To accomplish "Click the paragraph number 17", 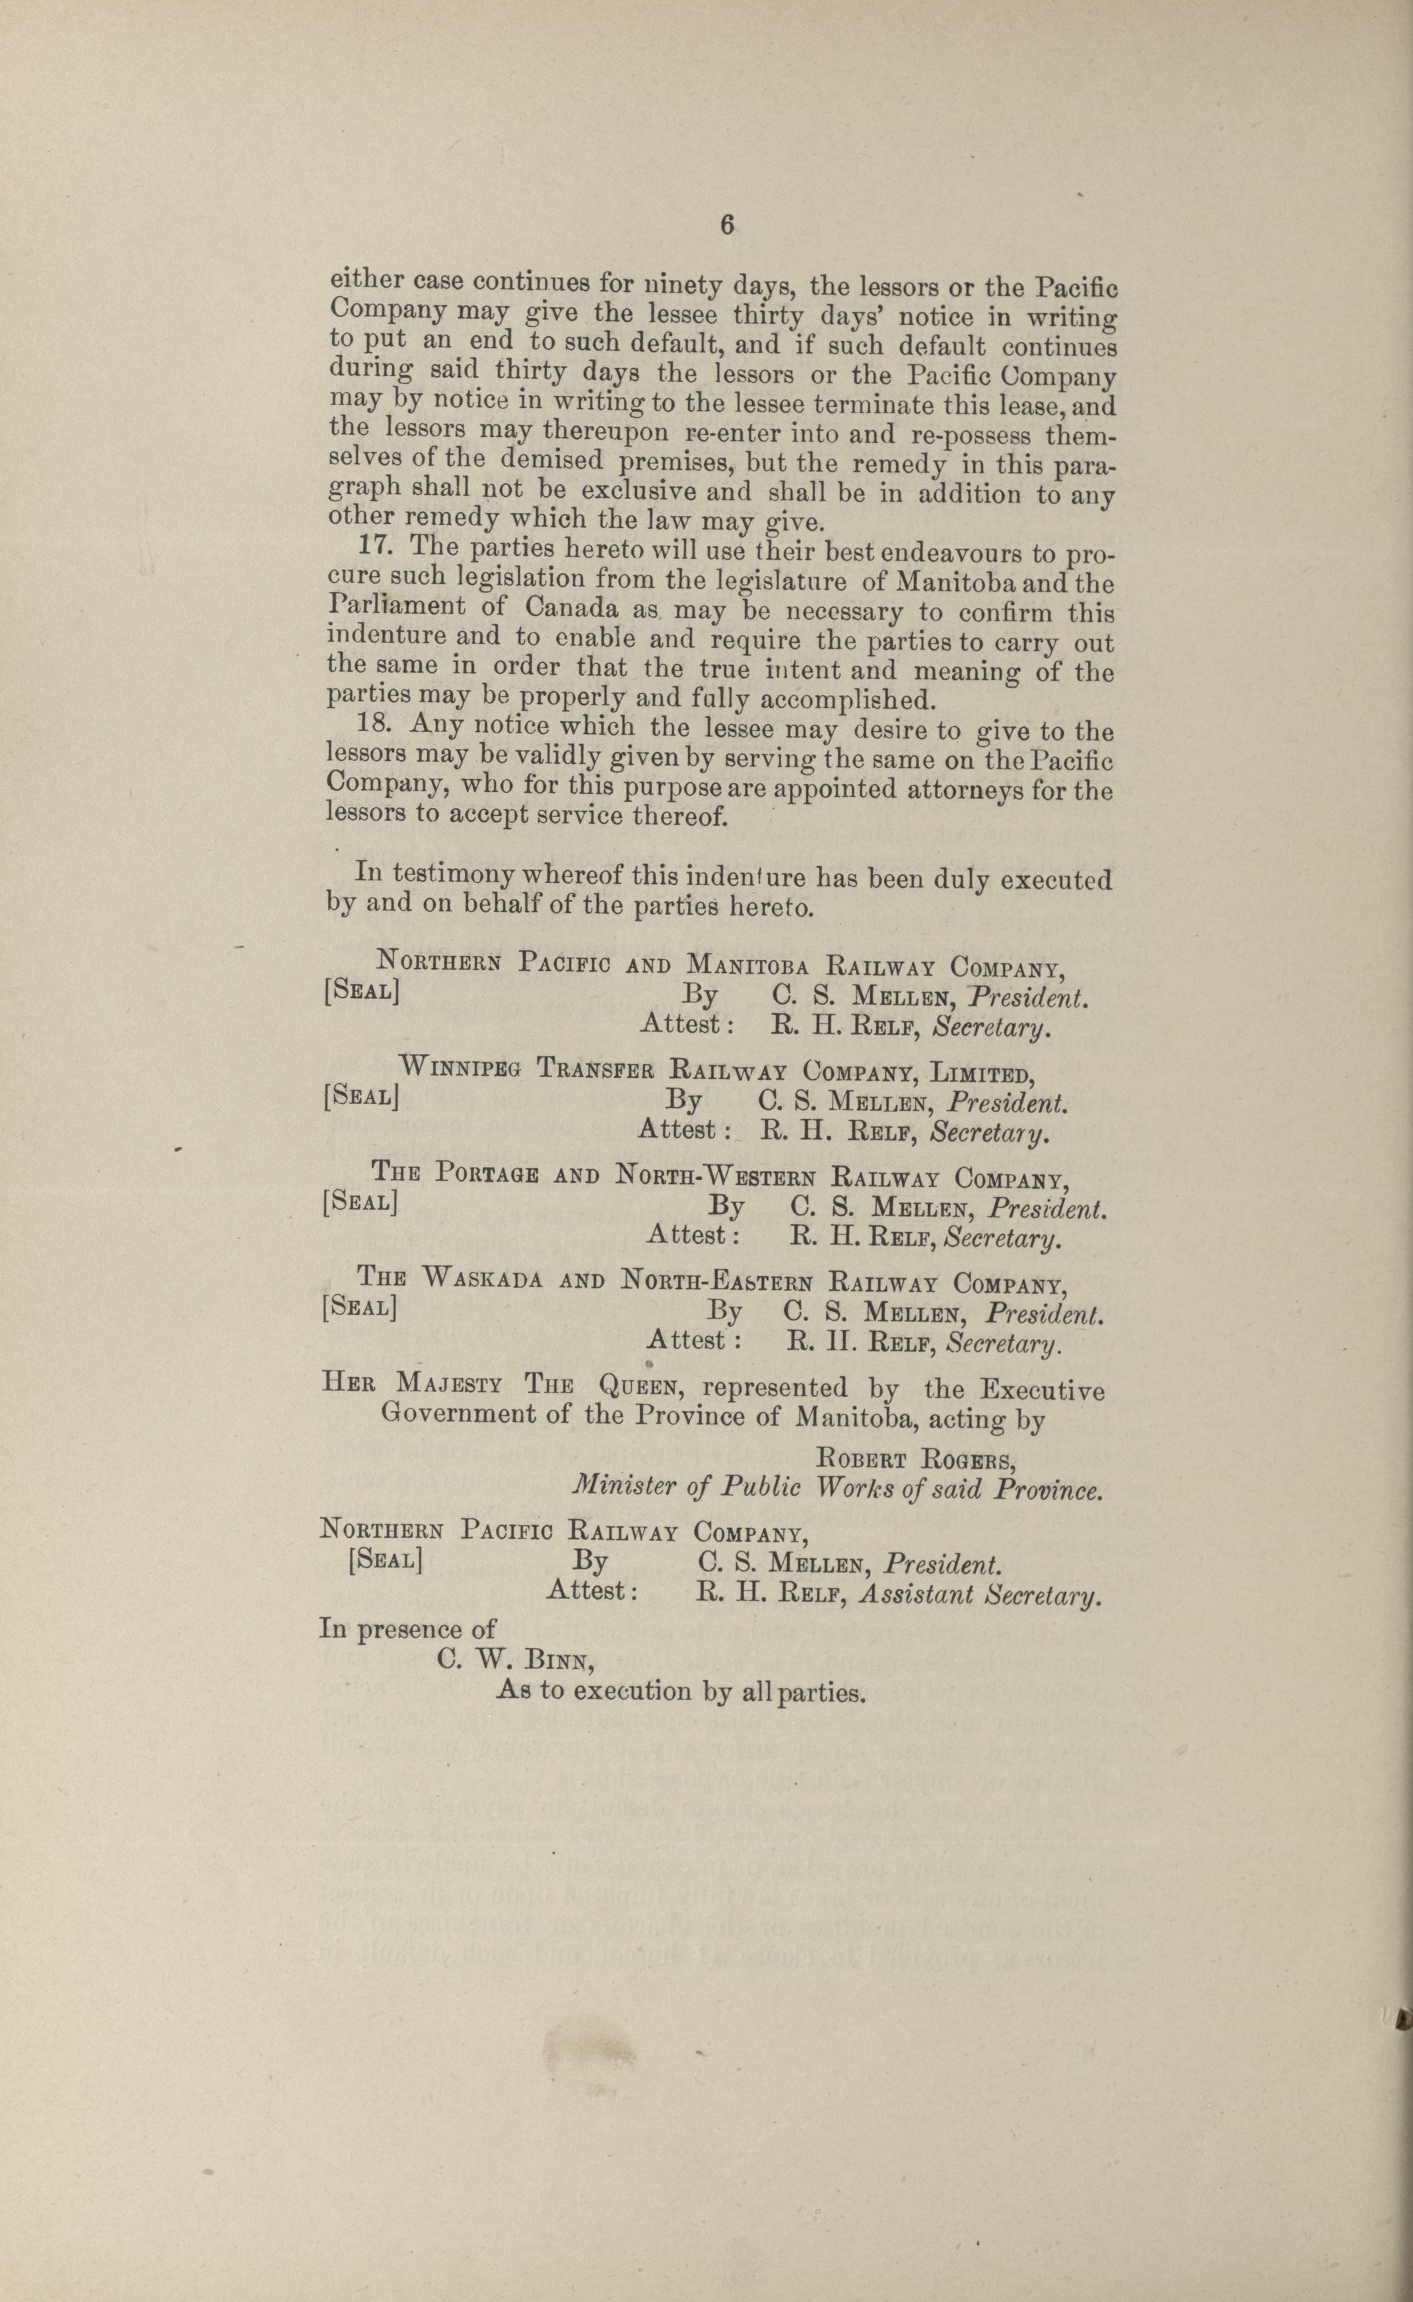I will coord(374,546).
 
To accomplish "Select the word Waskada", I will coord(482,1278).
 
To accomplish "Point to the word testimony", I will coord(452,874).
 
